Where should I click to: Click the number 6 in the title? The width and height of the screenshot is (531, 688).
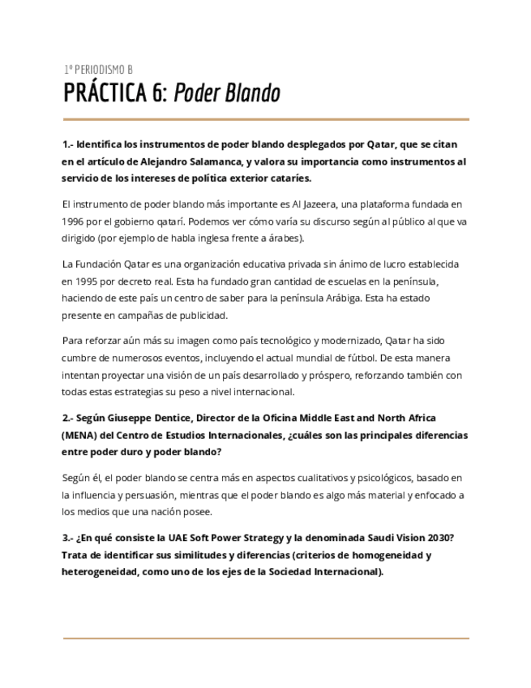158,93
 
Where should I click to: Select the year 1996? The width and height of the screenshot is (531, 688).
74,221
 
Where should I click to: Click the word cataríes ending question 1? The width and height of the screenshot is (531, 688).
288,178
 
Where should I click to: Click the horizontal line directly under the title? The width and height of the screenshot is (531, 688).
265,119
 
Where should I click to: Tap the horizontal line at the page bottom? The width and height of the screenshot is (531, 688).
265,638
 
